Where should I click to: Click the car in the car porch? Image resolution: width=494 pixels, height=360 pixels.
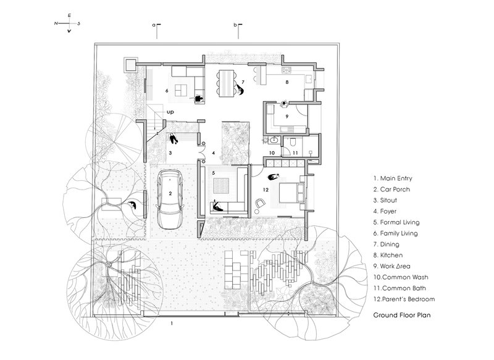coord(170,199)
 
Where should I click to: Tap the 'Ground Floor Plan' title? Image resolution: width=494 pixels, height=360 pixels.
coord(402,315)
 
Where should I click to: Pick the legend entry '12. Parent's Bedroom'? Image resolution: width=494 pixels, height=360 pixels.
coord(404,299)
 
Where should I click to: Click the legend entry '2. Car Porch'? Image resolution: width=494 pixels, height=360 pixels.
coord(391,190)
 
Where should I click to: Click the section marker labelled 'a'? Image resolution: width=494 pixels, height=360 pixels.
coord(157,30)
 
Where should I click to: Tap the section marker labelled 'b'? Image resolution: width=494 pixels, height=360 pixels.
coord(238,30)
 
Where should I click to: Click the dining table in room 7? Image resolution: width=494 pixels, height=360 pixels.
coord(227,83)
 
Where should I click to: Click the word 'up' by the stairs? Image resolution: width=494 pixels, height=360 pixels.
coord(170,112)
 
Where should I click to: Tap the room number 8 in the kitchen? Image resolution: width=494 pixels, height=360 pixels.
coord(287,82)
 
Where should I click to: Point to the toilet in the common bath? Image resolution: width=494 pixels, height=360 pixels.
coord(293,143)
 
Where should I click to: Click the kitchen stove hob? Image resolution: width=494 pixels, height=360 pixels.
coord(287,70)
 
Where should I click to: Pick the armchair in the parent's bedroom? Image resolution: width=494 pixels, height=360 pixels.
coord(260,203)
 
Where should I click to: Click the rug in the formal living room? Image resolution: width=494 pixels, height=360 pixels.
coord(222,186)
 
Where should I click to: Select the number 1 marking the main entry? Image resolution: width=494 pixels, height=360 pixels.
coord(172,324)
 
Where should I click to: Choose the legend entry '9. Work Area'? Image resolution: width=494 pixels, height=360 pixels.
coord(392,266)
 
